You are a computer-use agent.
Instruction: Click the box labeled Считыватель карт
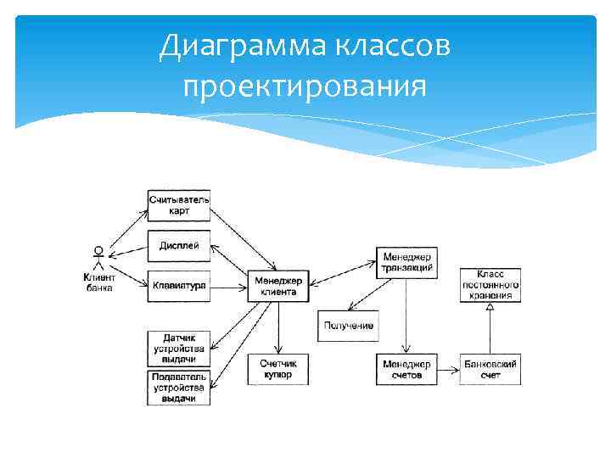179,205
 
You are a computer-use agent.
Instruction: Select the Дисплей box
179,246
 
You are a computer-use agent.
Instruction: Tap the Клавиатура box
179,286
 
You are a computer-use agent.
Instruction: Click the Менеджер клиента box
278,286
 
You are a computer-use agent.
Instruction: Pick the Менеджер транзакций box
406,262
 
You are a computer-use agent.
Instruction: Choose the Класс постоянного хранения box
490,285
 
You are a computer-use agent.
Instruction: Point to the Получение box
347,327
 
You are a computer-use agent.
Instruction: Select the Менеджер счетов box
406,369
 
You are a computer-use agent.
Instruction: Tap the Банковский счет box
490,369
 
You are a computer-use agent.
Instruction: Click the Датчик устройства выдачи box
179,348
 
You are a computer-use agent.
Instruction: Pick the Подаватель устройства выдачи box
179,388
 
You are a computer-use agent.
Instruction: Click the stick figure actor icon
99,257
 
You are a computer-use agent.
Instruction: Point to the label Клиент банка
99,282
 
